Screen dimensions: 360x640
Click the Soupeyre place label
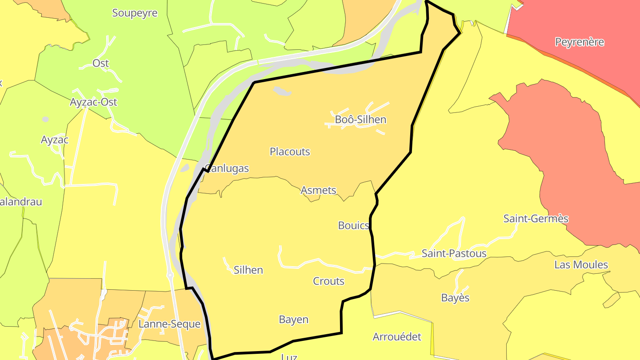135,13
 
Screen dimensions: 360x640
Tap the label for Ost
101,63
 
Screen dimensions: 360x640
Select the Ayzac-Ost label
93,102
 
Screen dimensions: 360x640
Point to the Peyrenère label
580,42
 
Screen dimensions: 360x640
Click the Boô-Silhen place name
360,120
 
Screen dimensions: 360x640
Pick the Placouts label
290,152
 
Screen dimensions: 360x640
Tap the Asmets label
318,190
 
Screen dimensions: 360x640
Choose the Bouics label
354,225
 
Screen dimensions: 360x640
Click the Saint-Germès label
536,219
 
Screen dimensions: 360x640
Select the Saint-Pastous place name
454,253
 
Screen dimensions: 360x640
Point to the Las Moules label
581,265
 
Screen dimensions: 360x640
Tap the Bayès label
455,298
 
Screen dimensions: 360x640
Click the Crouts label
328,281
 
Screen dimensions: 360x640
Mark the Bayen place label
293,320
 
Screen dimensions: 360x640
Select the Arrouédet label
396,336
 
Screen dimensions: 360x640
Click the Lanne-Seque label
169,324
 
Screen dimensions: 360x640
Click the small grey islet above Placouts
282,91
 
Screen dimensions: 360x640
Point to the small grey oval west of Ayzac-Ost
45,119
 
